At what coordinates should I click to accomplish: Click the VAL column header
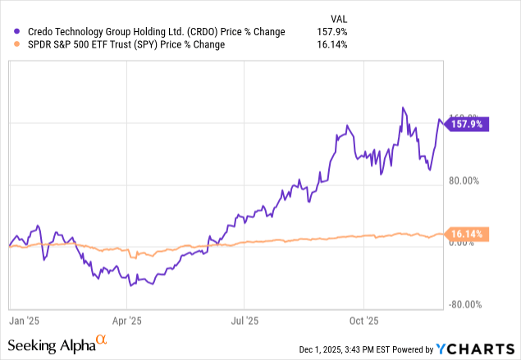(x=336, y=19)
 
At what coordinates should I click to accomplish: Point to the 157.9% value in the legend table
(x=332, y=32)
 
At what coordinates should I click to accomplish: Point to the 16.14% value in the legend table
(x=332, y=44)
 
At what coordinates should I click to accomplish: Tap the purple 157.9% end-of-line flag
(x=467, y=125)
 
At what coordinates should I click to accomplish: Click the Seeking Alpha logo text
(x=52, y=345)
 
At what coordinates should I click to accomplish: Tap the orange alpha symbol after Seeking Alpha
(x=102, y=339)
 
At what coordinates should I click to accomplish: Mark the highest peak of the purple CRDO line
(x=403, y=107)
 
